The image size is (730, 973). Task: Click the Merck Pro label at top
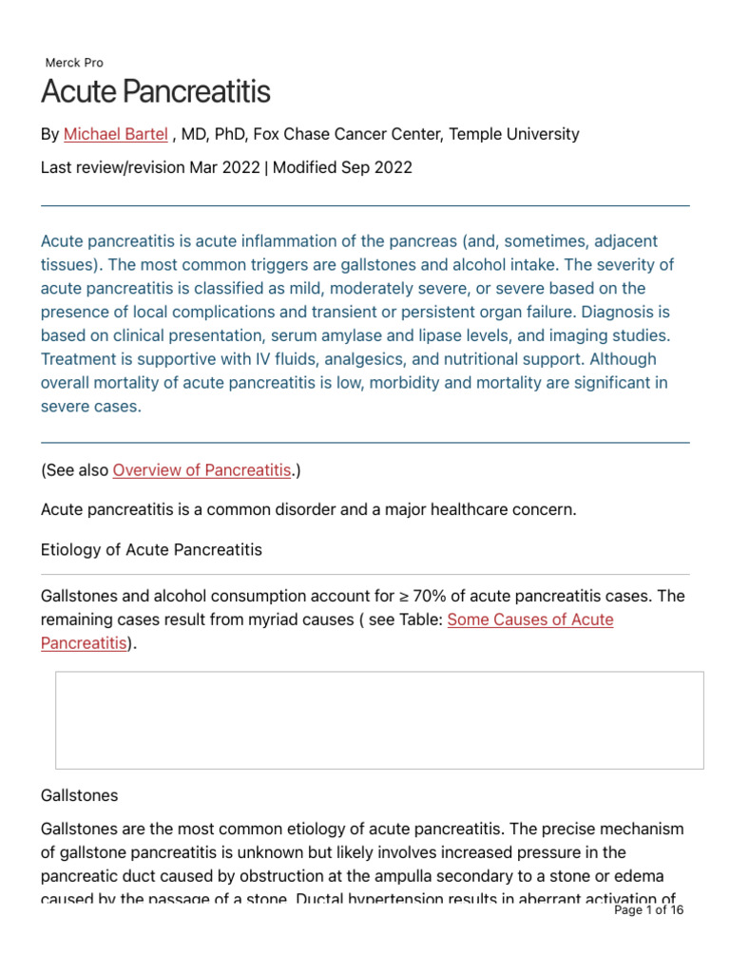74,63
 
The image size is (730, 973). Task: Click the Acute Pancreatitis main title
156,92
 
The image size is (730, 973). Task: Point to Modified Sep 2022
342,167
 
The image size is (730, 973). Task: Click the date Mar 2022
225,167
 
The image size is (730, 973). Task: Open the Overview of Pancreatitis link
202,470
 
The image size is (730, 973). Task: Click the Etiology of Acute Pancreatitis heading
151,549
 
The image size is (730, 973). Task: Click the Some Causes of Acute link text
529,620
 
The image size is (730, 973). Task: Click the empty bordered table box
379,719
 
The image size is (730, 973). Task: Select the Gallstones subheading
80,794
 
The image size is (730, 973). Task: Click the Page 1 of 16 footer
649,909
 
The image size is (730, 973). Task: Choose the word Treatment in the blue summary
77,359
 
